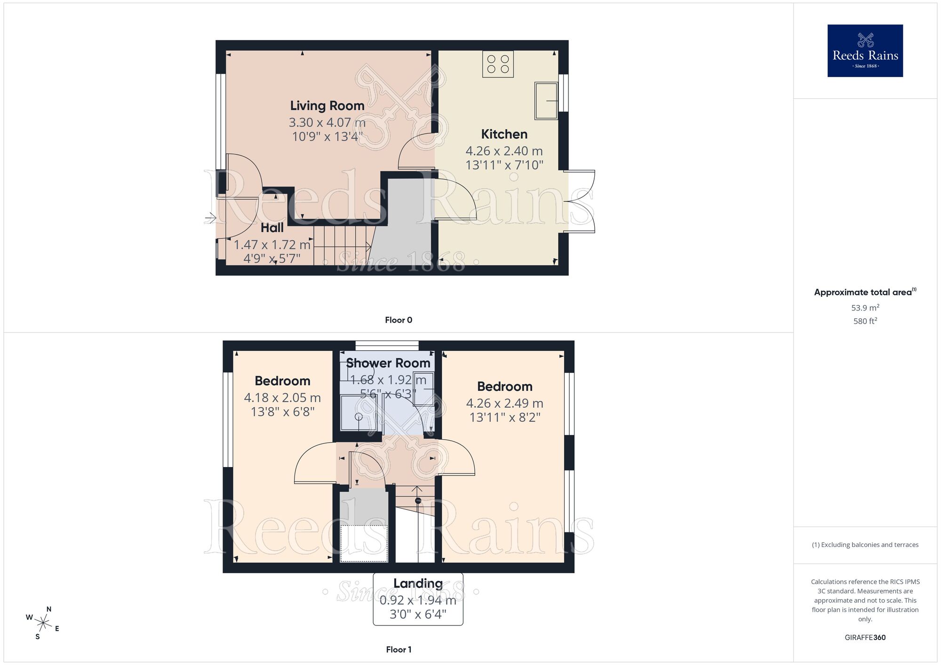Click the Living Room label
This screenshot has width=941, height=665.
click(x=327, y=106)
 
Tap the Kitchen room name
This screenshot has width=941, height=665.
click(x=504, y=135)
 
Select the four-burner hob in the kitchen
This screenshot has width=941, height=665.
click(x=498, y=64)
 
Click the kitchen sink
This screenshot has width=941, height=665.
click(x=546, y=101)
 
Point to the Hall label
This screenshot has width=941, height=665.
click(x=272, y=228)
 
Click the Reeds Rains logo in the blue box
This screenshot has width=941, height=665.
click(x=865, y=51)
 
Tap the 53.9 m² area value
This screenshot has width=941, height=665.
click(x=865, y=308)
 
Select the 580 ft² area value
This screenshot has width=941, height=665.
click(x=865, y=321)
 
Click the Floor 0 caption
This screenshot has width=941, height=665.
click(x=399, y=320)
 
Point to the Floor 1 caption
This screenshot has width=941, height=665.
click(x=399, y=649)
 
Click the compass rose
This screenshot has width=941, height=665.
click(x=43, y=624)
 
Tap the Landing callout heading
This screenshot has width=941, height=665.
click(x=418, y=584)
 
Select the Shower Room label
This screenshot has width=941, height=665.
click(x=388, y=363)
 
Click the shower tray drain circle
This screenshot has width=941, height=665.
click(x=359, y=417)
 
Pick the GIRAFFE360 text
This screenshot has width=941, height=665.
click(x=865, y=638)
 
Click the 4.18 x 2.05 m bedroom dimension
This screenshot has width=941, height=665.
click(x=282, y=398)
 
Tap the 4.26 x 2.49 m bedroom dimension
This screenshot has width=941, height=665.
click(x=504, y=404)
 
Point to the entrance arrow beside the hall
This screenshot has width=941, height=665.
click(x=210, y=218)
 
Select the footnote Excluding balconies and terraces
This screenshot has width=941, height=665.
click(x=865, y=545)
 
